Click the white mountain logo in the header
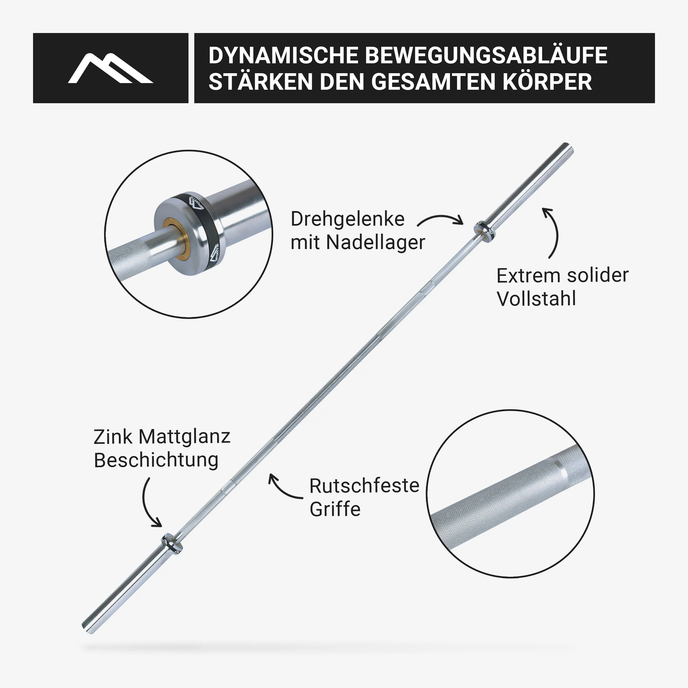[x=110, y=68]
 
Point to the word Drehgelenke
[x=348, y=219]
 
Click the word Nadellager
[x=376, y=242]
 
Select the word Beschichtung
[x=156, y=460]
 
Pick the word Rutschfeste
[x=364, y=486]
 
